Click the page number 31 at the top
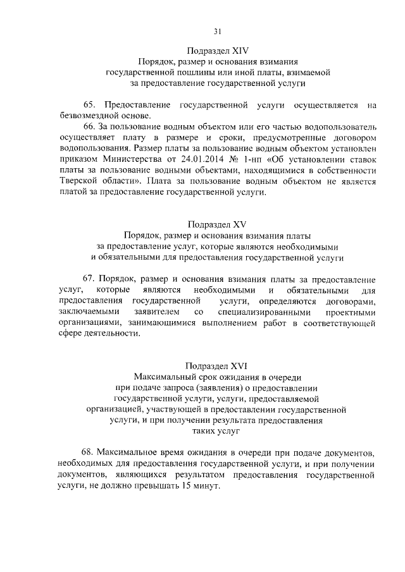[x=217, y=31]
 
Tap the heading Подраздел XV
[x=217, y=224]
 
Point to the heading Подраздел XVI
[x=217, y=365]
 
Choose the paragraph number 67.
[x=89, y=279]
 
